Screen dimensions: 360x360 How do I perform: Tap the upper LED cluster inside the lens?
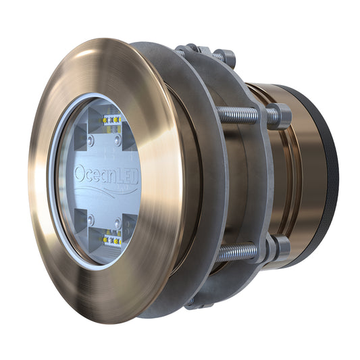coord(110,120)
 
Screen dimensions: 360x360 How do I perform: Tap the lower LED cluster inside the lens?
coord(110,237)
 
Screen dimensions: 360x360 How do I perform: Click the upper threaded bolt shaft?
coord(238,115)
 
